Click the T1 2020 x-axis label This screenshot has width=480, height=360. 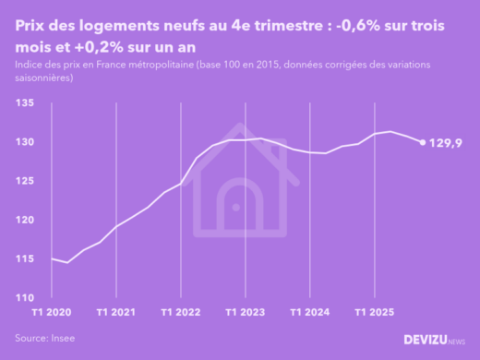(51, 313)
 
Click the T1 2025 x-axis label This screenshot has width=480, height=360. (373, 313)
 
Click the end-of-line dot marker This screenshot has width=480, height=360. (423, 142)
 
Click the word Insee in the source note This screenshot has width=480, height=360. (63, 339)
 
